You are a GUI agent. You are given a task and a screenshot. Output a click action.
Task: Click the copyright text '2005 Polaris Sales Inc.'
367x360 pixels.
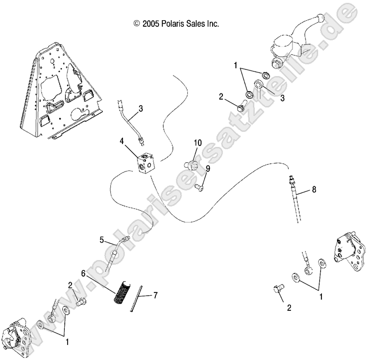click(176, 23)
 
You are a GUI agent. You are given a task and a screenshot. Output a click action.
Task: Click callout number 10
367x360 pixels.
click(197, 142)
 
